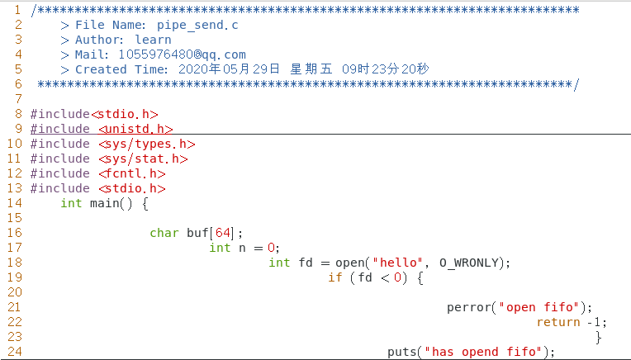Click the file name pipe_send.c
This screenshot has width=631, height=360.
(198, 25)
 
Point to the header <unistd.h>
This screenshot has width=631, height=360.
(135, 129)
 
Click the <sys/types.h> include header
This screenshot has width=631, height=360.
(146, 144)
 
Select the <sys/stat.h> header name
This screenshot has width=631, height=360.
(143, 159)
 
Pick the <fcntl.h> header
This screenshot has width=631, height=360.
(132, 173)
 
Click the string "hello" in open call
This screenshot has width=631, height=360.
(397, 263)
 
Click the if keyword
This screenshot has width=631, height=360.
(334, 277)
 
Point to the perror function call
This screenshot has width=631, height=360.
(469, 307)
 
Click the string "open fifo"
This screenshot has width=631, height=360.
(542, 307)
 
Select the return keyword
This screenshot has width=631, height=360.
(557, 322)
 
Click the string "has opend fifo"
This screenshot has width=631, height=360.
(483, 352)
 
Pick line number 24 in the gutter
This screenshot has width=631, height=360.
(14, 352)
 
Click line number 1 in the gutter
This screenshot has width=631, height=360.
(17, 10)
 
